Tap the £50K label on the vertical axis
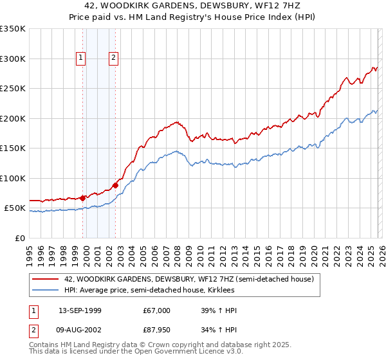click(14, 208)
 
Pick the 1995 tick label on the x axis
click(29, 251)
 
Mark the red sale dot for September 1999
click(82, 198)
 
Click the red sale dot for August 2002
click(115, 185)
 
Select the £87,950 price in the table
click(157, 331)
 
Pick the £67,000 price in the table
click(157, 310)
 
